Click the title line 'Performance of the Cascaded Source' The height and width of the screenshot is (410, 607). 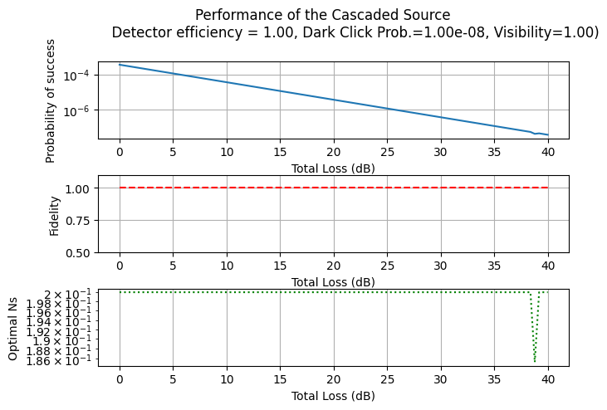322,15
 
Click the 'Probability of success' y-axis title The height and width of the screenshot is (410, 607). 51,100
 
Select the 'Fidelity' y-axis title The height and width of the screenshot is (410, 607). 55,216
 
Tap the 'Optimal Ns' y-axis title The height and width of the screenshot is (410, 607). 13,329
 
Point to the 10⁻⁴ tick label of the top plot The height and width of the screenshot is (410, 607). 76,76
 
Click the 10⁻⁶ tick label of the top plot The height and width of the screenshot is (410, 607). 76,110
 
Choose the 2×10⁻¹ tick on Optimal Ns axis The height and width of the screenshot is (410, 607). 70,294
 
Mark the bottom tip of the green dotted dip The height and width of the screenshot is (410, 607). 535,361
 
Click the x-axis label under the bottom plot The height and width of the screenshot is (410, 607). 333,396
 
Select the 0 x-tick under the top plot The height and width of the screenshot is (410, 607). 120,153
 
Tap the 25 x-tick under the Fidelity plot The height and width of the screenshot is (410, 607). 387,266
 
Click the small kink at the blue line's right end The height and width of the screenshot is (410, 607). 535,133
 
